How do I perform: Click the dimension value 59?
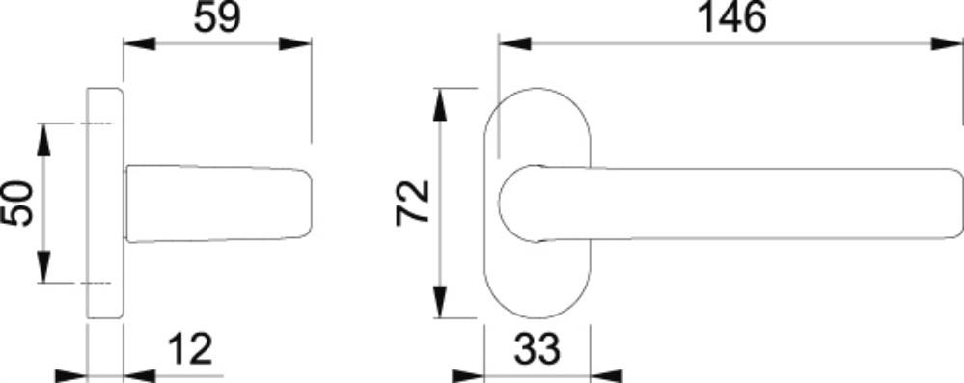218,17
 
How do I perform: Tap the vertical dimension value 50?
17,204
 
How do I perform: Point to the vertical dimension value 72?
413,203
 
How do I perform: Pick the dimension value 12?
190,349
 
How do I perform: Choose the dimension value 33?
537,349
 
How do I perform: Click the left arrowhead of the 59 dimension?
140,44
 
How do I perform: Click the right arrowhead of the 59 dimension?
295,44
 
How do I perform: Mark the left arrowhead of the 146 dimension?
514,44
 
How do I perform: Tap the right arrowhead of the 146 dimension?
947,44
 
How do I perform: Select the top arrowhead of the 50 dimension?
43,140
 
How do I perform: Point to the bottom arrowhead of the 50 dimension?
43,267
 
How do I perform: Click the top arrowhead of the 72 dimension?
439,104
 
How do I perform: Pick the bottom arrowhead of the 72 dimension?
439,303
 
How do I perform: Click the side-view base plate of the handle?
105,204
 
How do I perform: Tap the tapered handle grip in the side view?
218,204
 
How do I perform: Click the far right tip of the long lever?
963,204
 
